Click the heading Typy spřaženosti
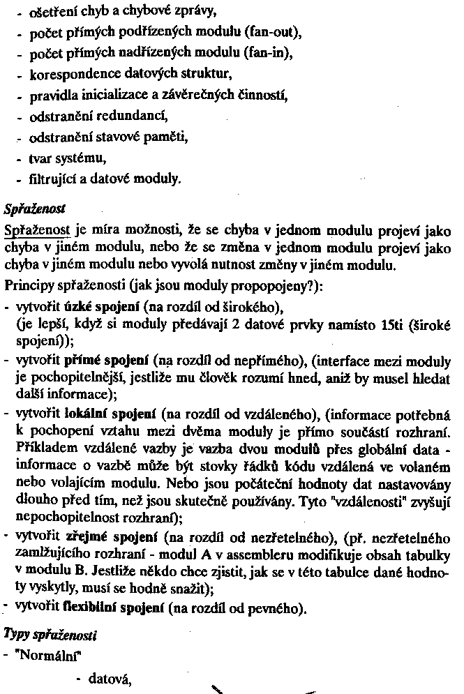click(50, 635)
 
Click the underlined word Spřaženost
click(38, 229)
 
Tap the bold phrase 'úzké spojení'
click(102, 307)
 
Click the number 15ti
click(366, 324)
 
